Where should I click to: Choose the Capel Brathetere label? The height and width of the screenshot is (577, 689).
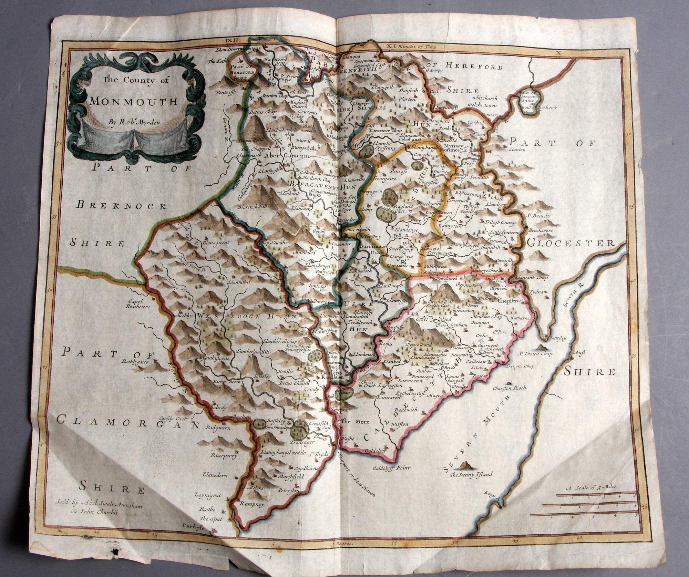[x=137, y=302]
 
